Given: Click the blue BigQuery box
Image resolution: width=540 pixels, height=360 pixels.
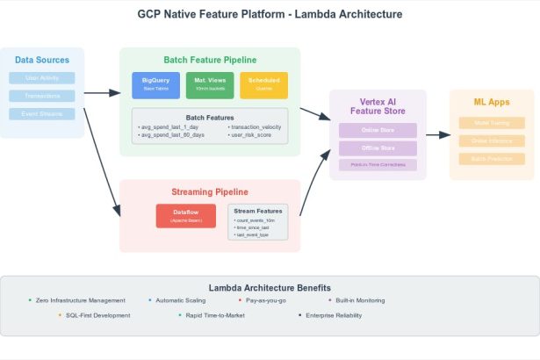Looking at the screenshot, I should [155, 85].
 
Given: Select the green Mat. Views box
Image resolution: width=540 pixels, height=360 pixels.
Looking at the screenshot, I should [210, 85].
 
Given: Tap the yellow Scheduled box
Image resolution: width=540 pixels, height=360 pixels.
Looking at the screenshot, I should [263, 85].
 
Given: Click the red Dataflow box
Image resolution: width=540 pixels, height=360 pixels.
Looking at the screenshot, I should [185, 216].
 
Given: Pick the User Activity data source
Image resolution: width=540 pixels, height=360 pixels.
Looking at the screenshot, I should [42, 78].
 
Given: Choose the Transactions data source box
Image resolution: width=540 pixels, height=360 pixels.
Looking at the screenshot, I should [42, 96].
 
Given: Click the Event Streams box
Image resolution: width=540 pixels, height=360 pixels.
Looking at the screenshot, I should [42, 114].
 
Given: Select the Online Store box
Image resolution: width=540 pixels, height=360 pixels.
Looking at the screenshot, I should [378, 130].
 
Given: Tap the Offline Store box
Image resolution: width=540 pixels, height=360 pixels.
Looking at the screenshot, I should [378, 148].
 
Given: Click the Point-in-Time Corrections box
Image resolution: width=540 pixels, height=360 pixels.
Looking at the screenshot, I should [378, 165].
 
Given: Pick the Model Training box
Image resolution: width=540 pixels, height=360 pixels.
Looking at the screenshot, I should [491, 123].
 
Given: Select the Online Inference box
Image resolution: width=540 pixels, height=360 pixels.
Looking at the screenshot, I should [491, 140].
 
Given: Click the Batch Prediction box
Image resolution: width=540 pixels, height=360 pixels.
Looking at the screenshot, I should [491, 158].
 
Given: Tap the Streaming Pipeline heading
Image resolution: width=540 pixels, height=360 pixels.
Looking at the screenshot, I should [210, 191].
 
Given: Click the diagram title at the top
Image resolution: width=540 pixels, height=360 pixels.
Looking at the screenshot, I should [270, 15].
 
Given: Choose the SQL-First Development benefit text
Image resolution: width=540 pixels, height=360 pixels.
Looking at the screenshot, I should [97, 314].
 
